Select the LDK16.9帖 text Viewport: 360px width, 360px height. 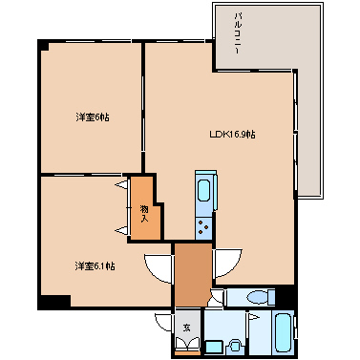click(232, 135)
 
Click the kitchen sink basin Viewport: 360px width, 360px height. click(203, 190)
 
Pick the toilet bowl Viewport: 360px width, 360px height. click(256, 298)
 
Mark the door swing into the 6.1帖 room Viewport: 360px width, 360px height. click(159, 265)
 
